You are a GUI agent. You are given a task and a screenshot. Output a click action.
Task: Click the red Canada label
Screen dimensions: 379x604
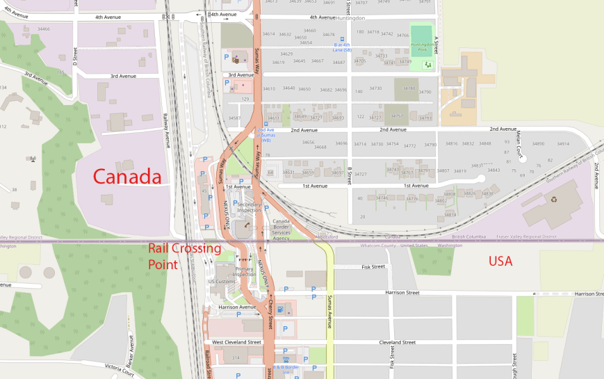tap(127, 177)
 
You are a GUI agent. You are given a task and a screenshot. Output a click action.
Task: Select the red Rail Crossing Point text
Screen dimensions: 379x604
tap(184, 256)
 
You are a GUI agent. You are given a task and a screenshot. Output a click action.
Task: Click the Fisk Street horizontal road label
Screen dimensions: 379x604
tap(373, 266)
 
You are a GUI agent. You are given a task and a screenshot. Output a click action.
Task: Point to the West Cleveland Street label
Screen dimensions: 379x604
tap(236, 342)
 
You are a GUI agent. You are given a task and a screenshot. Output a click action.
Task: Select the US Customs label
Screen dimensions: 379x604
tap(222, 281)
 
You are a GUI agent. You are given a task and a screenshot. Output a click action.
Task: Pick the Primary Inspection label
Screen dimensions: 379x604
tap(244, 271)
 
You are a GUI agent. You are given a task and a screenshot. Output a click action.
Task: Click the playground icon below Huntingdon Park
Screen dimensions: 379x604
tap(427, 65)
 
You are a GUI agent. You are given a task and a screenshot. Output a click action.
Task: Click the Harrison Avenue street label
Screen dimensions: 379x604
tap(238, 307)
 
